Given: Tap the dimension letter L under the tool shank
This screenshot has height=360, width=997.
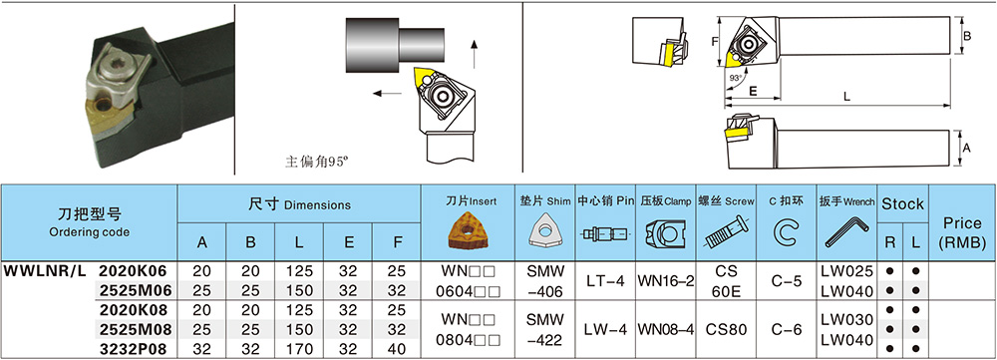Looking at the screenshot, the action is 846,97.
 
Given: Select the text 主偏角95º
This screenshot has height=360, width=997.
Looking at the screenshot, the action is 317,163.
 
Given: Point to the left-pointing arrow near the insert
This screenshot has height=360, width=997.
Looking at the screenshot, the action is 387,94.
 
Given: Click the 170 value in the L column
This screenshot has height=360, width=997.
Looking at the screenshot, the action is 299,349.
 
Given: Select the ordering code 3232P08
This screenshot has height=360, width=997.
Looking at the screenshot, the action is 135,349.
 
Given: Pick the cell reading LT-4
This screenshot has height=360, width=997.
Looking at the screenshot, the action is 605,281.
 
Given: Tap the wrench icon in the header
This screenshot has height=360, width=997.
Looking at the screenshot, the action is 846,232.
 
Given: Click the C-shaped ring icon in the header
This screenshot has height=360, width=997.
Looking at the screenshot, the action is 787,232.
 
